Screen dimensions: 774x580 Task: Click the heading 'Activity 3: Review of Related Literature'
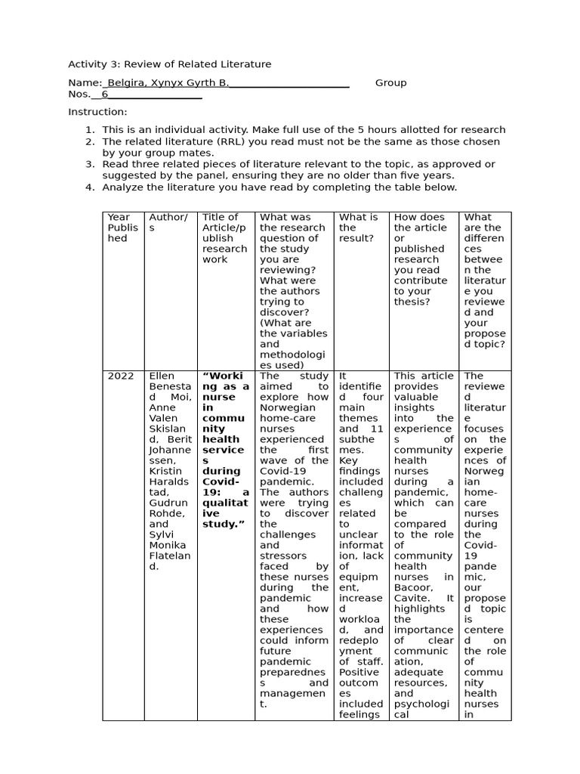point(169,64)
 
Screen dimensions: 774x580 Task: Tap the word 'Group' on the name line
point(390,83)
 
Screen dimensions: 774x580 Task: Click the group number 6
point(105,94)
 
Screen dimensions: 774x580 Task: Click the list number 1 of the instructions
point(89,130)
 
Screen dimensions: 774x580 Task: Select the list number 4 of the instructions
point(89,187)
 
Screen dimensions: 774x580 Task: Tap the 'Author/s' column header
point(167,222)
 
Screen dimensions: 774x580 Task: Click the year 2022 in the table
point(120,376)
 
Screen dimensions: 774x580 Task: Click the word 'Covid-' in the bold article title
point(221,481)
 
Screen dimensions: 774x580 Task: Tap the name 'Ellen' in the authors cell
point(161,376)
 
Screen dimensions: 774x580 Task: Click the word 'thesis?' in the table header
point(411,302)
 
